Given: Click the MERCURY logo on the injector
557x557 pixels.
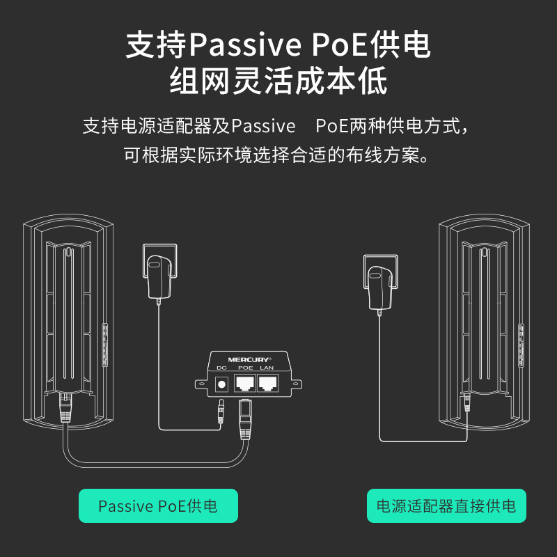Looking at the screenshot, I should [245, 360].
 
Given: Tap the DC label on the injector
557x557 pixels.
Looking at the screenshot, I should [222, 368].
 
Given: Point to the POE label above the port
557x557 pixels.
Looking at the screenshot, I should [245, 368].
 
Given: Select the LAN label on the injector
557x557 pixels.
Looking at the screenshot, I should [267, 368].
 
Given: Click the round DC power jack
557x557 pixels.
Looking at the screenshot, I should [223, 382].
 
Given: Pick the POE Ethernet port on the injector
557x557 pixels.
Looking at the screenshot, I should [245, 382].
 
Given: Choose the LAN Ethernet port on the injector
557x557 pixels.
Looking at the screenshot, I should [267, 382].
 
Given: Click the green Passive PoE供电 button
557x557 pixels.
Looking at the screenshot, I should [158, 505].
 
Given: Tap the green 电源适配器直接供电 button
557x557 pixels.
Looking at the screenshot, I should [446, 505].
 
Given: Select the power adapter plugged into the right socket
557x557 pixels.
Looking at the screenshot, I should [380, 282].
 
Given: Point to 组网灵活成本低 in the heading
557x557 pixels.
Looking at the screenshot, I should [278, 82].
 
